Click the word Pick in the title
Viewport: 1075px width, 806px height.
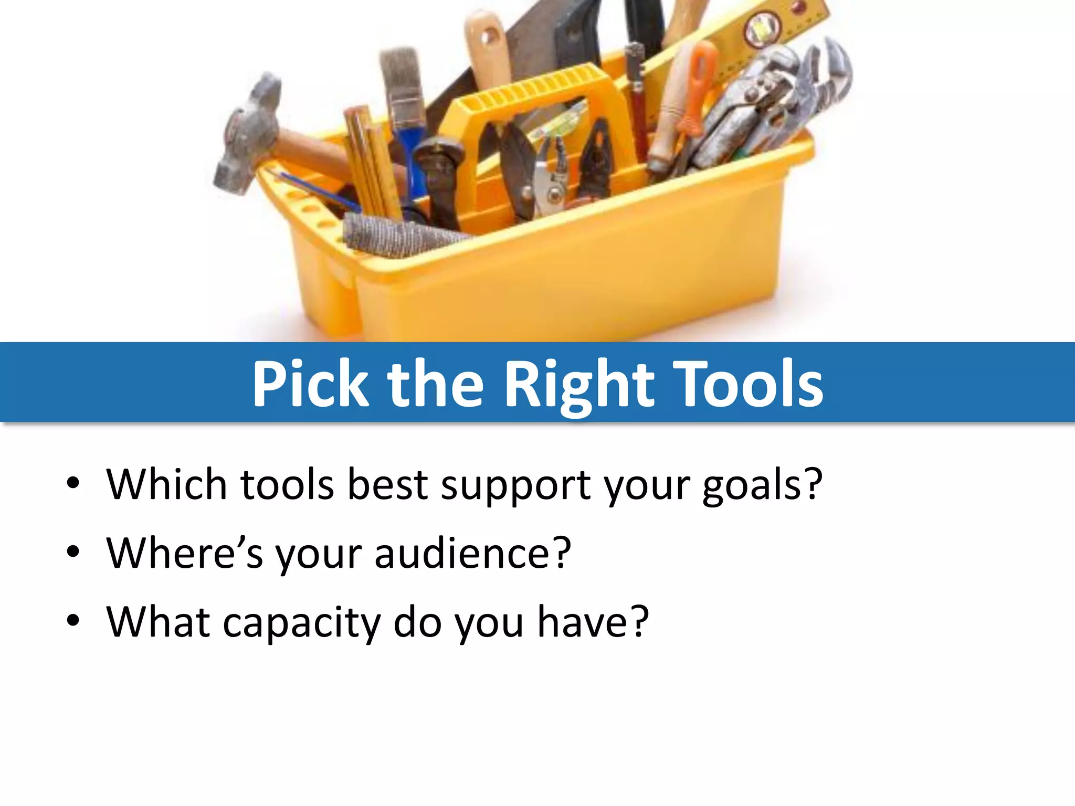click(x=311, y=384)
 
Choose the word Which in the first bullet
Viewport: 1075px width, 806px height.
click(x=166, y=483)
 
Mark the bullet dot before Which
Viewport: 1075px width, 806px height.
click(x=73, y=483)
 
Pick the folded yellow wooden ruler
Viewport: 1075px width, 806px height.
click(x=370, y=163)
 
